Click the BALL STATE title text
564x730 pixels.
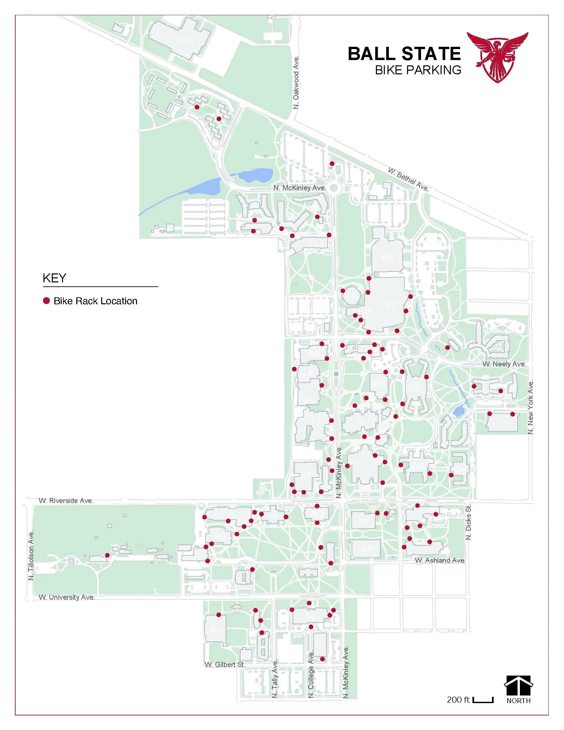[404, 53]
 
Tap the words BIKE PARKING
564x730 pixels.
[418, 70]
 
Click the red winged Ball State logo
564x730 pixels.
[497, 57]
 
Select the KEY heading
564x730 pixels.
[54, 278]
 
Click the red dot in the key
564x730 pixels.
[46, 301]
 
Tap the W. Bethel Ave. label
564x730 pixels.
[408, 179]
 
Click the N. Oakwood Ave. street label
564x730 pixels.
[296, 82]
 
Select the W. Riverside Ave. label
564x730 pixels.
[66, 501]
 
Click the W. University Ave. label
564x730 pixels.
[67, 597]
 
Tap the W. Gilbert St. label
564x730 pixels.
[225, 665]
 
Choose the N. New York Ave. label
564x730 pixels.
[530, 407]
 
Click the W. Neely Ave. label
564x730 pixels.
[504, 364]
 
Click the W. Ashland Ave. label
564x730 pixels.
[440, 560]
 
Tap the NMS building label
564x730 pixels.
[184, 40]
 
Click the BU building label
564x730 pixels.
[215, 629]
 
